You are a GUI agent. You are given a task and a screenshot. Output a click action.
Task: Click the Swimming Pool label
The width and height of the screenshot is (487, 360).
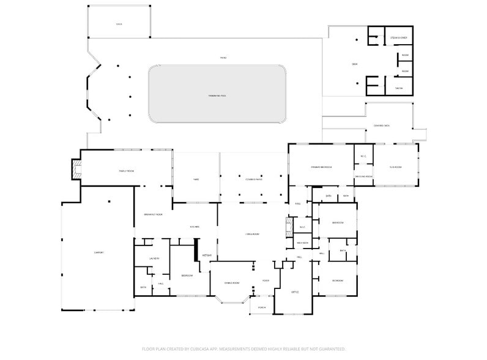click(217, 96)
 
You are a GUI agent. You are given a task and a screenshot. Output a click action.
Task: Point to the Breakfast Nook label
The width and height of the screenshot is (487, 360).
click(153, 214)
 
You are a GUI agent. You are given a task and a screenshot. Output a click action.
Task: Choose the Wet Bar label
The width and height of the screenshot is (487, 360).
click(207, 255)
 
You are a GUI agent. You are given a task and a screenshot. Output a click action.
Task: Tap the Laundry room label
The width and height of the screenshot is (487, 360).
click(154, 258)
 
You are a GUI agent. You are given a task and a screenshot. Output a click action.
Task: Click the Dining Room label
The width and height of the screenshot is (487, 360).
click(231, 283)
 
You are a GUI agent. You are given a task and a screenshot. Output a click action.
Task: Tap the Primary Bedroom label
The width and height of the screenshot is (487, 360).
click(321, 166)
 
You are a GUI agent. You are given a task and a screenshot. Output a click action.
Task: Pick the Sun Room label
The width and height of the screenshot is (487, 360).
click(395, 167)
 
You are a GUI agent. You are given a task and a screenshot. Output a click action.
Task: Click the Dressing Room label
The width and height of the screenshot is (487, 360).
click(363, 176)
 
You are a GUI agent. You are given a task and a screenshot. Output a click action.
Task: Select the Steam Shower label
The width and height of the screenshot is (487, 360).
click(399, 38)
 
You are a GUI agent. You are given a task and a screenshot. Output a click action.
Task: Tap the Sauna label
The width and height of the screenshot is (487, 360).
click(398, 88)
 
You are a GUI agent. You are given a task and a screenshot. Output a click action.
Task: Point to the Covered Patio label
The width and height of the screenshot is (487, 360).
click(253, 179)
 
